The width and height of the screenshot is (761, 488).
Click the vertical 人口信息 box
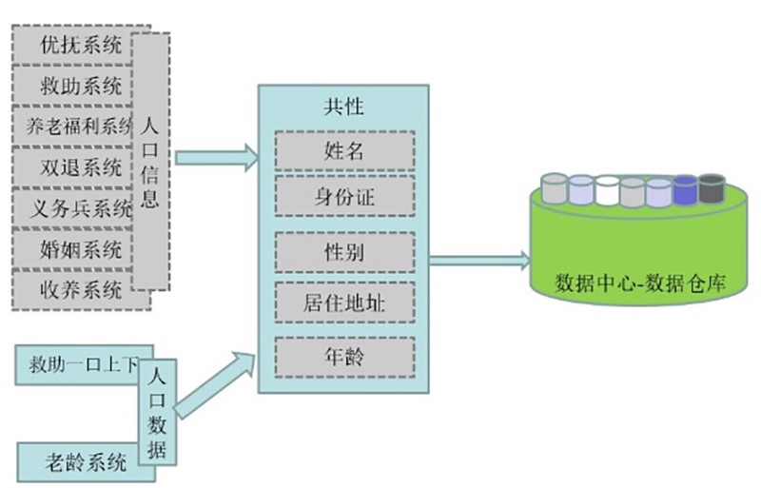point(150,161)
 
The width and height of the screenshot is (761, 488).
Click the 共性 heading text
point(343,107)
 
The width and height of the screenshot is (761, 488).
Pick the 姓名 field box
point(343,149)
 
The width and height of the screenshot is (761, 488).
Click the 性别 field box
point(343,253)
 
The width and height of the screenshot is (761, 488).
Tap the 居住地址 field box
point(343,303)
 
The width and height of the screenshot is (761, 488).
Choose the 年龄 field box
point(343,358)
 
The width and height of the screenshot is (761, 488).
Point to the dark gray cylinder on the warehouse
point(712,188)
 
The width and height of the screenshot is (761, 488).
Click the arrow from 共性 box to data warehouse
point(480,258)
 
